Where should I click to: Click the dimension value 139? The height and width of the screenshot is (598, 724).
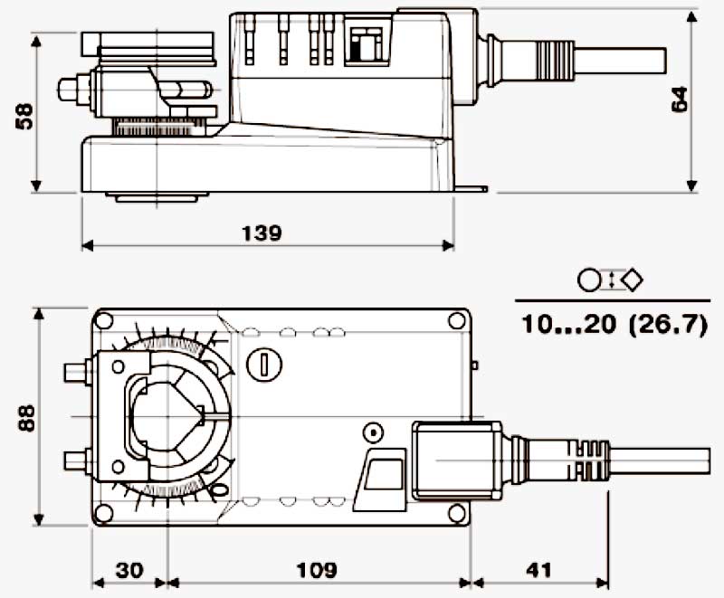(x=262, y=233)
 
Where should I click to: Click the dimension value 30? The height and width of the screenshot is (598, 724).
(x=130, y=570)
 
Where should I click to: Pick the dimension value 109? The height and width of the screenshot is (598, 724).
(x=317, y=570)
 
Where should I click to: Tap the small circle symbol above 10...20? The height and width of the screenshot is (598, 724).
(x=588, y=280)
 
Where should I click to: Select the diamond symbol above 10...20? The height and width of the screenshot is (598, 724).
(x=633, y=279)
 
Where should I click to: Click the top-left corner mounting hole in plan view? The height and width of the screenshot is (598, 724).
(x=103, y=319)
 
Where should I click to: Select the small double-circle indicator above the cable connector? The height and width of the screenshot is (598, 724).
(x=372, y=432)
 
